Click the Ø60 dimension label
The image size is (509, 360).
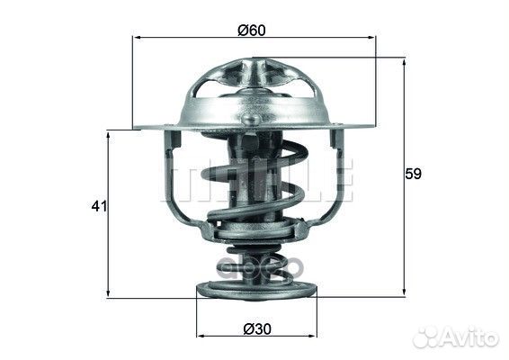252,31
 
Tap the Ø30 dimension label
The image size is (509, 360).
257,329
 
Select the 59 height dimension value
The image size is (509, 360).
413,174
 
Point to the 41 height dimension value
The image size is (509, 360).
99,206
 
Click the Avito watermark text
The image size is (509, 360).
470,337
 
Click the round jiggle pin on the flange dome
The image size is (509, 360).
250,119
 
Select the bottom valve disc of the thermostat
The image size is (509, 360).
256,290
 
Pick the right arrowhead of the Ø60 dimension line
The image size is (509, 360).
371,38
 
